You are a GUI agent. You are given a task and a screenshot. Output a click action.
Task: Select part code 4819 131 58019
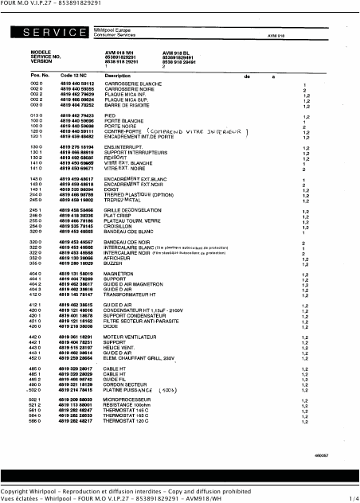76,274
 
